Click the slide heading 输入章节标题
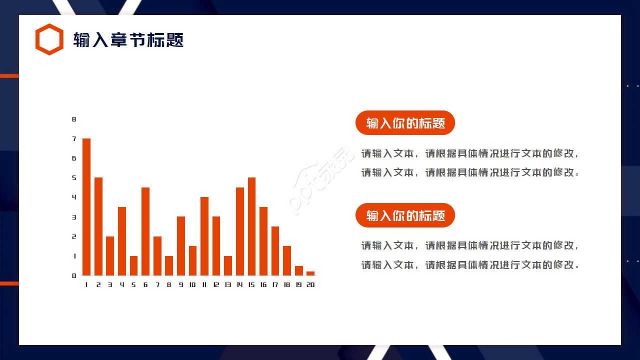[x=128, y=39]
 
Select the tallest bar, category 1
[x=86, y=207]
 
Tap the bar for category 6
[x=145, y=231]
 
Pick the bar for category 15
[x=251, y=226]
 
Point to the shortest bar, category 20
[x=310, y=273]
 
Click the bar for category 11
[x=204, y=236]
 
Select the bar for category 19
[x=299, y=271]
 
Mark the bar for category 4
[x=122, y=241]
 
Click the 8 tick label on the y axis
[x=74, y=119]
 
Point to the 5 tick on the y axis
[x=74, y=177]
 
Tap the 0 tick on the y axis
[x=74, y=275]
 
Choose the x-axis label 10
[x=192, y=284]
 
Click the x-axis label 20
[x=310, y=284]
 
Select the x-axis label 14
[x=239, y=284]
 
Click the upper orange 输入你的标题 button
[x=405, y=123]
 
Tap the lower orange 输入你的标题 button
[x=405, y=215]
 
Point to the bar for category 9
[x=181, y=246]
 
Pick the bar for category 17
[x=275, y=251]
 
